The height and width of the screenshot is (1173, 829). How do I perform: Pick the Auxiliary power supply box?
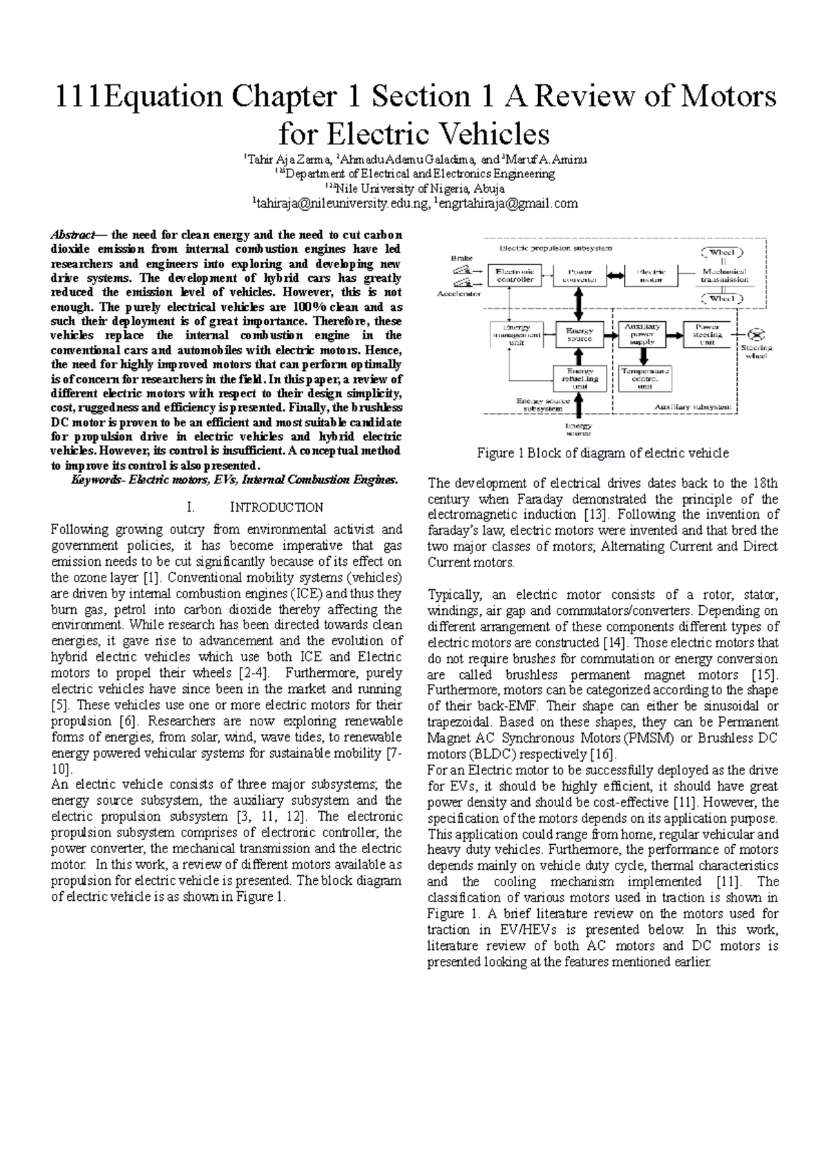pyautogui.click(x=642, y=335)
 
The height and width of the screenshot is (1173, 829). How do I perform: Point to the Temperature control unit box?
pyautogui.click(x=645, y=378)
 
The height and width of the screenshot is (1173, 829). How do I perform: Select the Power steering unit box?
pyautogui.click(x=707, y=335)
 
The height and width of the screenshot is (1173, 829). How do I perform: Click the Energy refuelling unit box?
pyautogui.click(x=579, y=378)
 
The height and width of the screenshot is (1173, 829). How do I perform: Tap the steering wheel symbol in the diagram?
pyautogui.click(x=757, y=334)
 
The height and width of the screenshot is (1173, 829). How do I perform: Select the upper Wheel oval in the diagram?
pyautogui.click(x=723, y=252)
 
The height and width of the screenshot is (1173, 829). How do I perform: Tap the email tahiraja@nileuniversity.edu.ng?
pyautogui.click(x=341, y=204)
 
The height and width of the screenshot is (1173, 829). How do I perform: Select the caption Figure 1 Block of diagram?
pyautogui.click(x=602, y=453)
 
